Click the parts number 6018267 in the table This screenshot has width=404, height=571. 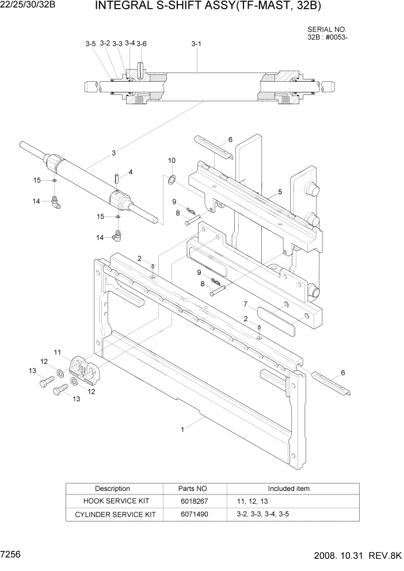point(193,501)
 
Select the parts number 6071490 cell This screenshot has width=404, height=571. point(193,513)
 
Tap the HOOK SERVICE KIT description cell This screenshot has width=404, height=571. point(112,501)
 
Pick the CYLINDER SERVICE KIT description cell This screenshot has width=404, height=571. point(112,513)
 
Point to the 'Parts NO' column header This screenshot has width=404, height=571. point(193,488)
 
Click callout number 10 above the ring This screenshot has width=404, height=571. point(171,160)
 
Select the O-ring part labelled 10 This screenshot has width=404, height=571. point(172,180)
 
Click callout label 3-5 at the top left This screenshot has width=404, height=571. point(90,44)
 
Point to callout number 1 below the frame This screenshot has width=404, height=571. point(182,429)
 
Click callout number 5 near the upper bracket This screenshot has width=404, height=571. point(280,192)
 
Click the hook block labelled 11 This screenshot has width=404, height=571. point(84,368)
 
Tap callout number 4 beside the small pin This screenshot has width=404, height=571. point(131,172)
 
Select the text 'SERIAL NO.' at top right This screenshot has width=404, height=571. point(327,29)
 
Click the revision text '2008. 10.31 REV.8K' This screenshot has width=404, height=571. point(357,557)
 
